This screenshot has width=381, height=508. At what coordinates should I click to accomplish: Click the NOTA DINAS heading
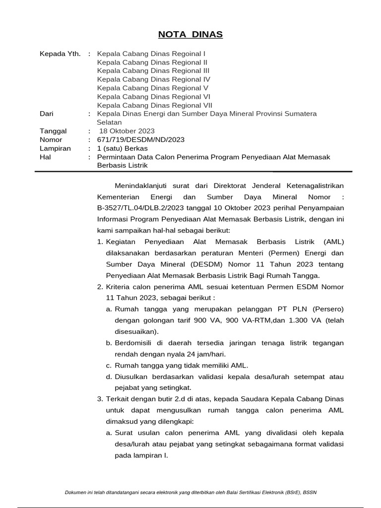pyautogui.click(x=190, y=34)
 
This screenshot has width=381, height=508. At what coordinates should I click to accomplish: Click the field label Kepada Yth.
pyautogui.click(x=60, y=54)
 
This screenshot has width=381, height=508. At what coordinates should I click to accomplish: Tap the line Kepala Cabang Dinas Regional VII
pyautogui.click(x=155, y=105)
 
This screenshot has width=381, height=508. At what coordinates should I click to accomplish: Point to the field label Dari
pyautogui.click(x=46, y=114)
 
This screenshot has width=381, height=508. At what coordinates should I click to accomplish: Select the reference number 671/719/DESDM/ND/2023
pyautogui.click(x=141, y=140)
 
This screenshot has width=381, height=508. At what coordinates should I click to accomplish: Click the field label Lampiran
pyautogui.click(x=55, y=148)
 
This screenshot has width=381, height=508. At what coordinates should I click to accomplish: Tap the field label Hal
pyautogui.click(x=45, y=157)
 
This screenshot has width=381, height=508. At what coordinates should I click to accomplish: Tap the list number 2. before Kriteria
pyautogui.click(x=100, y=287)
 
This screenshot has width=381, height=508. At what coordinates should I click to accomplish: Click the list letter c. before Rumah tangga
pyautogui.click(x=109, y=366)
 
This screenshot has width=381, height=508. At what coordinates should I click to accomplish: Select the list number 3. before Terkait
pyautogui.click(x=100, y=399)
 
